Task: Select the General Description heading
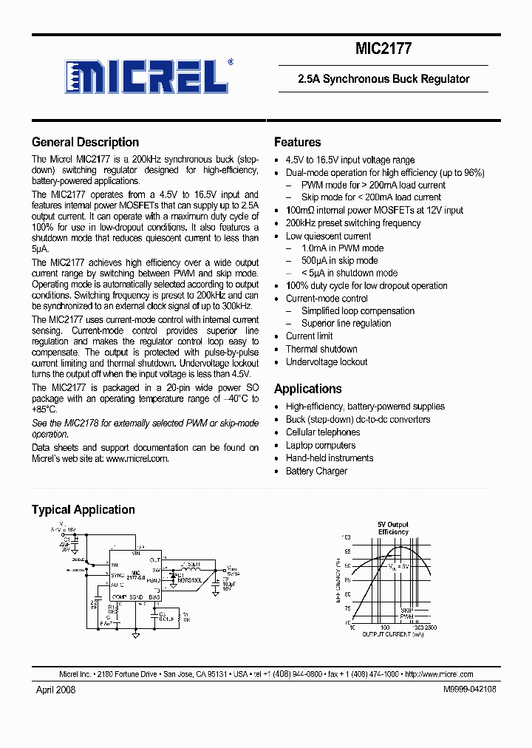(85, 143)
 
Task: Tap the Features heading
(297, 143)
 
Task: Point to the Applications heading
(307, 389)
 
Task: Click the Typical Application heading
(83, 509)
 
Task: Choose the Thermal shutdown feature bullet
(321, 349)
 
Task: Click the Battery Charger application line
(316, 471)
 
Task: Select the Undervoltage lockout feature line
(327, 362)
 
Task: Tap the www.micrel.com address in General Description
(137, 458)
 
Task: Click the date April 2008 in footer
(55, 689)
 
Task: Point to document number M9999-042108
(470, 689)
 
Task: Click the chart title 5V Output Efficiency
(393, 528)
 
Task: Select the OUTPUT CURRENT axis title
(392, 633)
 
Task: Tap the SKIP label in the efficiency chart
(406, 611)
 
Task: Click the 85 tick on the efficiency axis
(347, 580)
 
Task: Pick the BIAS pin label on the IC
(154, 596)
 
